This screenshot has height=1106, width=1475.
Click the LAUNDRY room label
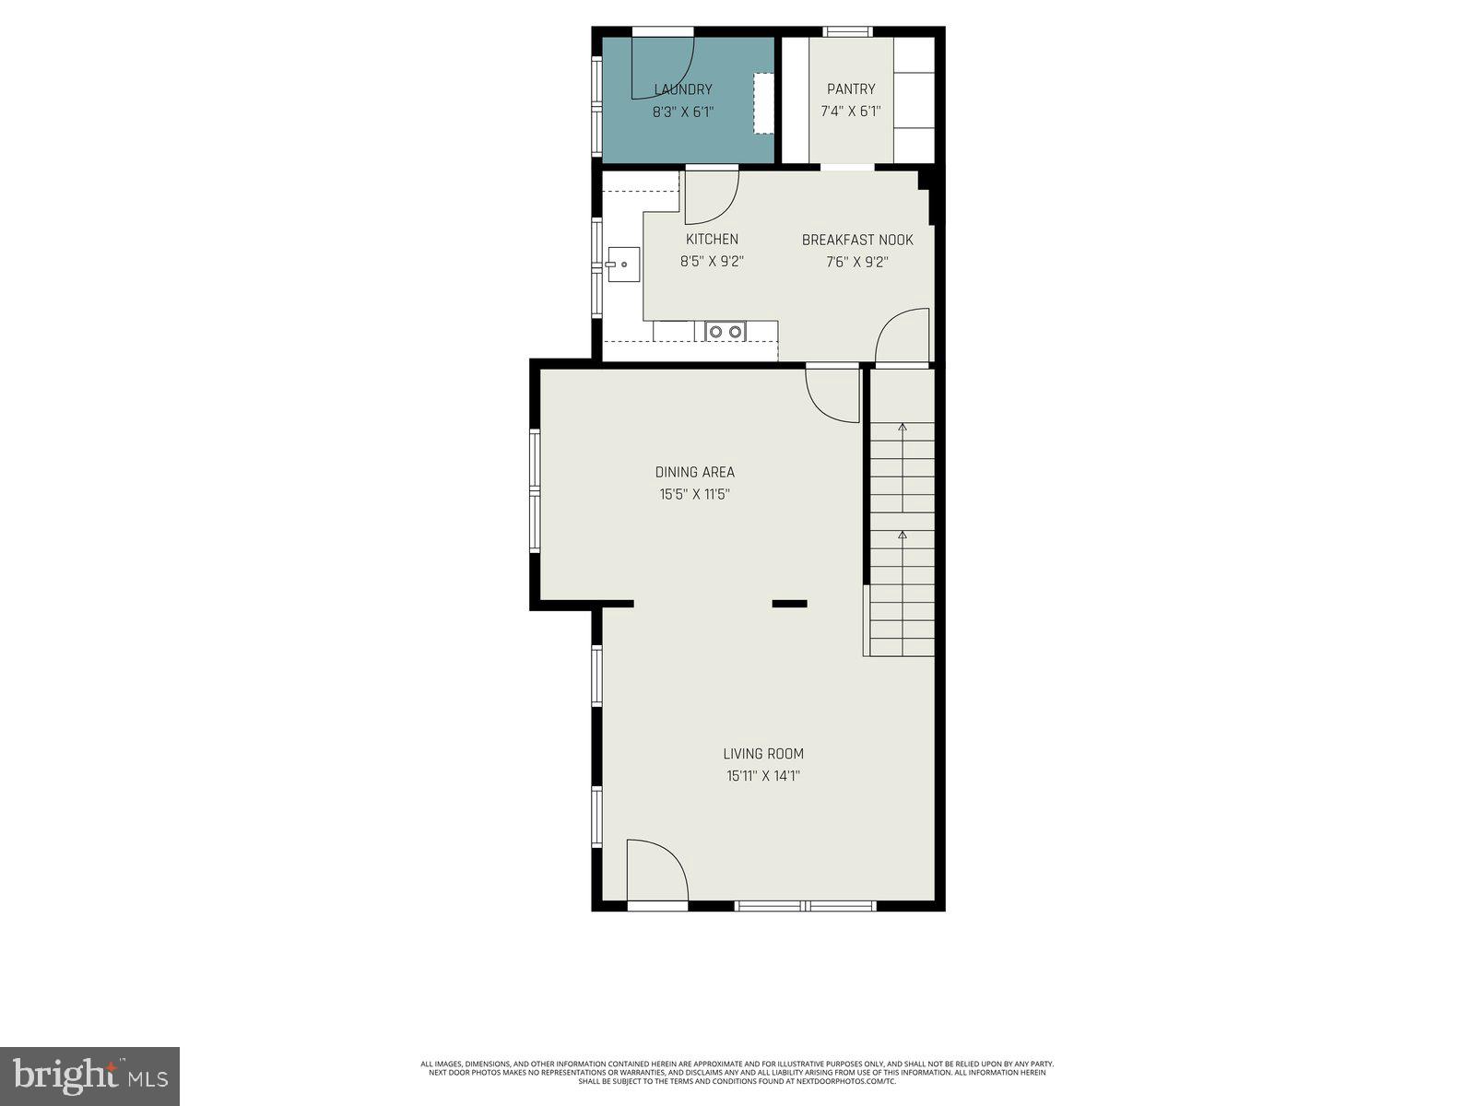[683, 89]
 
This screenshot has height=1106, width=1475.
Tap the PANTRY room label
[851, 89]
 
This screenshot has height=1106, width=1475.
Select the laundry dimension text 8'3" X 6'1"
[683, 112]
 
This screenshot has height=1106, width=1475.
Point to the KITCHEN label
[712, 240]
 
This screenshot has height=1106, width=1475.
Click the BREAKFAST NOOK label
[857, 240]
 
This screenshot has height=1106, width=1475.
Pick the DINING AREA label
[695, 472]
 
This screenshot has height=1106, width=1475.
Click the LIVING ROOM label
[763, 754]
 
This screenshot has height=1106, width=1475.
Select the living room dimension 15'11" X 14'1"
[763, 776]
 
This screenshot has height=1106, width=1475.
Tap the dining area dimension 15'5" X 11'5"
[695, 494]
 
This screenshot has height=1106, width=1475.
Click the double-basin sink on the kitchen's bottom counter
[726, 331]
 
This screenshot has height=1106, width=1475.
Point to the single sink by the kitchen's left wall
[623, 264]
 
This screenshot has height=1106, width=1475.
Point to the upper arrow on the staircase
[903, 427]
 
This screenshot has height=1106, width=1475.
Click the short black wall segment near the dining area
[789, 604]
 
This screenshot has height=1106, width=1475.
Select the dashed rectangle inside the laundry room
[764, 103]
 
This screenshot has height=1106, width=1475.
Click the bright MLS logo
[89, 1076]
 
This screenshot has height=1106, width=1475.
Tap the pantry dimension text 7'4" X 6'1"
[851, 112]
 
